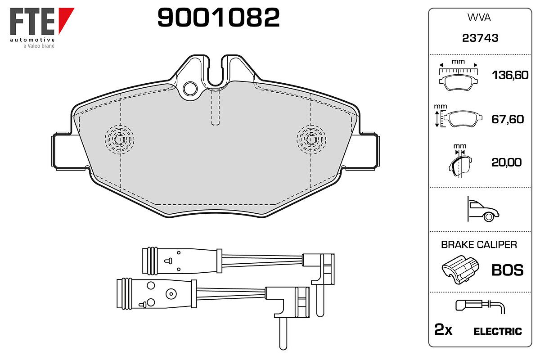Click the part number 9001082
(218, 18)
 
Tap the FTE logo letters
(32, 22)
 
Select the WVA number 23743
(480, 38)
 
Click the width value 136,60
(510, 75)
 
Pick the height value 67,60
(508, 119)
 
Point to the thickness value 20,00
(507, 162)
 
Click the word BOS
(508, 270)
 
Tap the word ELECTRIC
(498, 332)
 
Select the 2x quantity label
(443, 329)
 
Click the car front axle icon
(483, 209)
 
